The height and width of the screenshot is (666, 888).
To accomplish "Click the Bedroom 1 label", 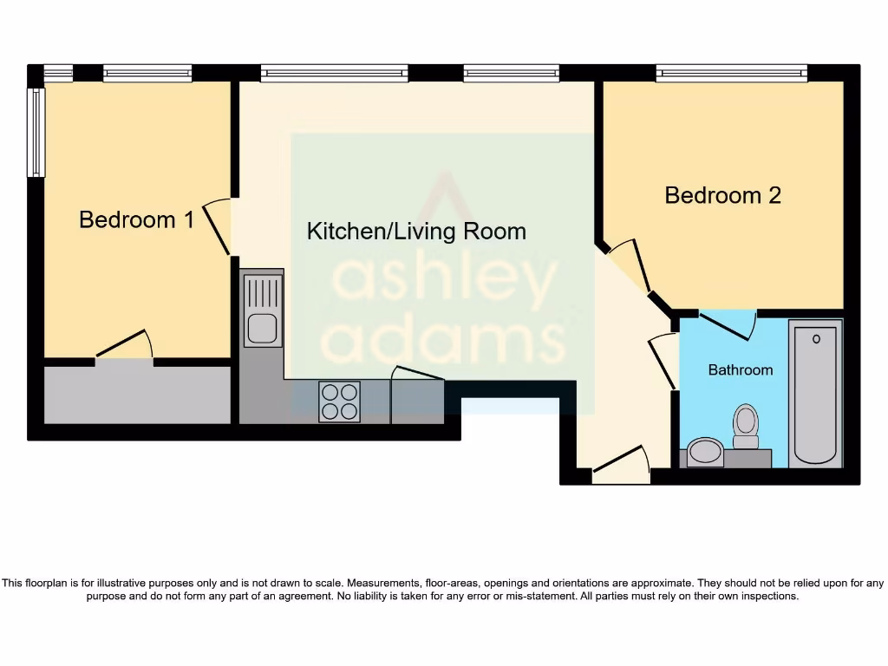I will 136,219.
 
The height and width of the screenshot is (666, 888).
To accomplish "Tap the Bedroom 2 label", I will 722,195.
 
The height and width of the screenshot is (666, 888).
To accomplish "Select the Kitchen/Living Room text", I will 416,232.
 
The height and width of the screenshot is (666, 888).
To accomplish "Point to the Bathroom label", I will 740,370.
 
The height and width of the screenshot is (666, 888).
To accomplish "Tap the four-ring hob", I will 339,402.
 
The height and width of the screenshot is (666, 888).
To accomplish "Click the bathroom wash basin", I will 706,452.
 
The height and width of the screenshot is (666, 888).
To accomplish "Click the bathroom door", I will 727,326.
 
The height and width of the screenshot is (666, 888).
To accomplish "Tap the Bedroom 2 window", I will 731,73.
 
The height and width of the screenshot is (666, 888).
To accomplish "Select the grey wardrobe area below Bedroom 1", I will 137,395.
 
